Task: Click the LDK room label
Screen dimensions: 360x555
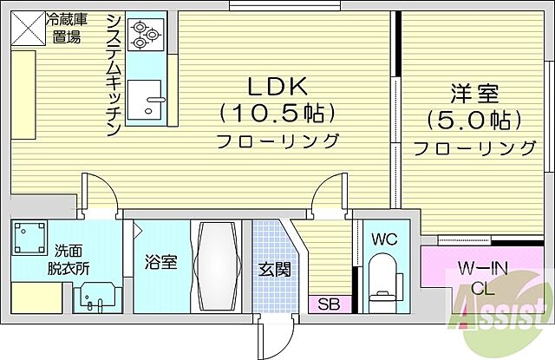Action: tap(277, 87)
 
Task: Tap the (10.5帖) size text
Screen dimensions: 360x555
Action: tap(277, 114)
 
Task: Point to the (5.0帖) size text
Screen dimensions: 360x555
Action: tap(473, 119)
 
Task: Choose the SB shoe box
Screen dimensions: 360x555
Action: tap(329, 304)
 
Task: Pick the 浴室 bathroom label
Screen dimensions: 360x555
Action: tap(161, 262)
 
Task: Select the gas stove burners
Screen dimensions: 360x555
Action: tap(145, 36)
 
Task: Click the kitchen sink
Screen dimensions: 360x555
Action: tap(145, 101)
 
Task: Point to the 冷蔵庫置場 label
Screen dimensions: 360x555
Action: tap(67, 27)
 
